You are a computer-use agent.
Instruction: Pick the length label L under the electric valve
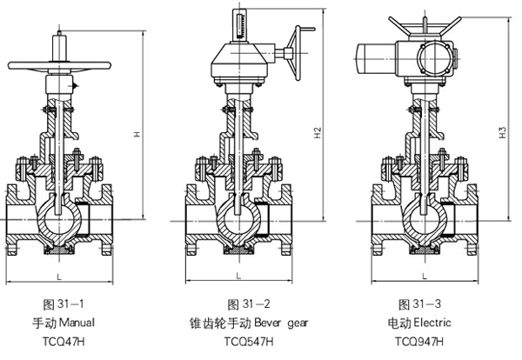click(423, 276)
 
